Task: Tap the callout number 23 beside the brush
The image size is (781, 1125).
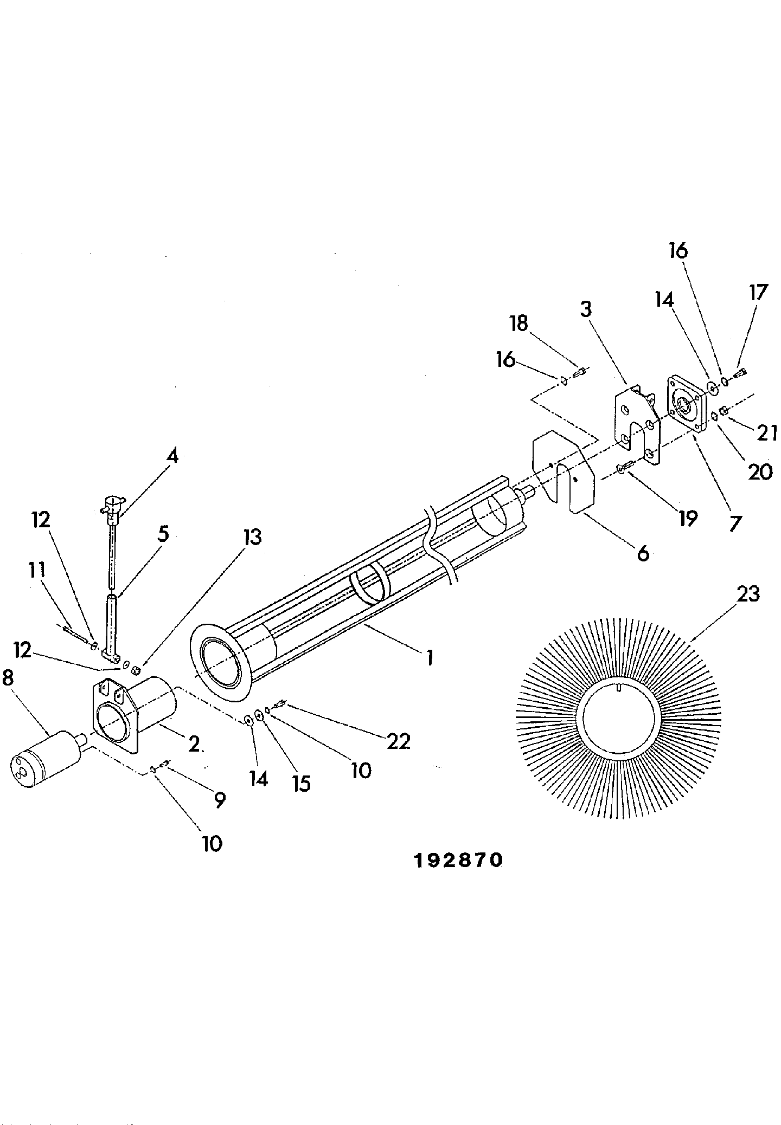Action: (x=748, y=594)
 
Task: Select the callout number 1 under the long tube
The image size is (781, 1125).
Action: (x=430, y=658)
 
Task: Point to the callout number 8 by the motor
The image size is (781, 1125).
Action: (x=8, y=678)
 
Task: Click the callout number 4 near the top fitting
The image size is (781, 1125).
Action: (x=171, y=456)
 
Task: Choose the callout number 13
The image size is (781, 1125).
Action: (x=253, y=536)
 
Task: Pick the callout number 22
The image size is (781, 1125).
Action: (x=398, y=741)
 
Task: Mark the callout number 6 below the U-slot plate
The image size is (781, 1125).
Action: (x=642, y=553)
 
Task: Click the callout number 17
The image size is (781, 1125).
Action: (x=759, y=292)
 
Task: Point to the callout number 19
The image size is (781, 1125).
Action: (x=687, y=519)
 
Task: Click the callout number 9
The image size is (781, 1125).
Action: (x=219, y=800)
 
